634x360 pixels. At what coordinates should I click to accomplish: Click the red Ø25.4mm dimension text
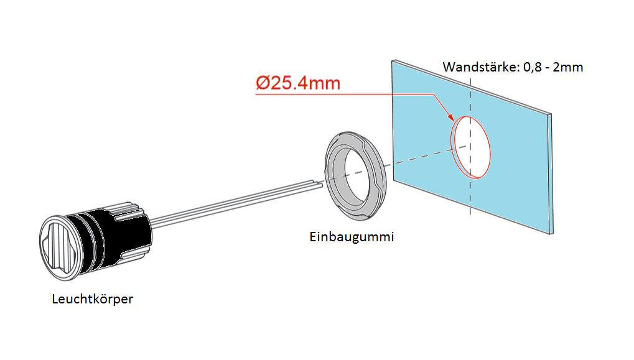298,83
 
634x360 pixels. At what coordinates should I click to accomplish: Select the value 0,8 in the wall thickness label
533,67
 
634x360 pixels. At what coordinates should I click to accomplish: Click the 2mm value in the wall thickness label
568,67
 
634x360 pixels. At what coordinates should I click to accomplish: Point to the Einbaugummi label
352,237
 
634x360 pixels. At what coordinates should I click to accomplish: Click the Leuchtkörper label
92,299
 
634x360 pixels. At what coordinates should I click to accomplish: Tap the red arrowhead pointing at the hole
450,117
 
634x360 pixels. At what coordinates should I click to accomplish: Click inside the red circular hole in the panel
472,147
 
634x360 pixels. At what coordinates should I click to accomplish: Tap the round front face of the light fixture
60,247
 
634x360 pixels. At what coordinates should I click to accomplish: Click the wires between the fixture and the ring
236,203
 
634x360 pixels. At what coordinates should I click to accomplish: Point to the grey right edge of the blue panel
550,173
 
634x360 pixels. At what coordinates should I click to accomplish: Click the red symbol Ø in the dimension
263,83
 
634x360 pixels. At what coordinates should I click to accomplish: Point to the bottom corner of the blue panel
550,234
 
